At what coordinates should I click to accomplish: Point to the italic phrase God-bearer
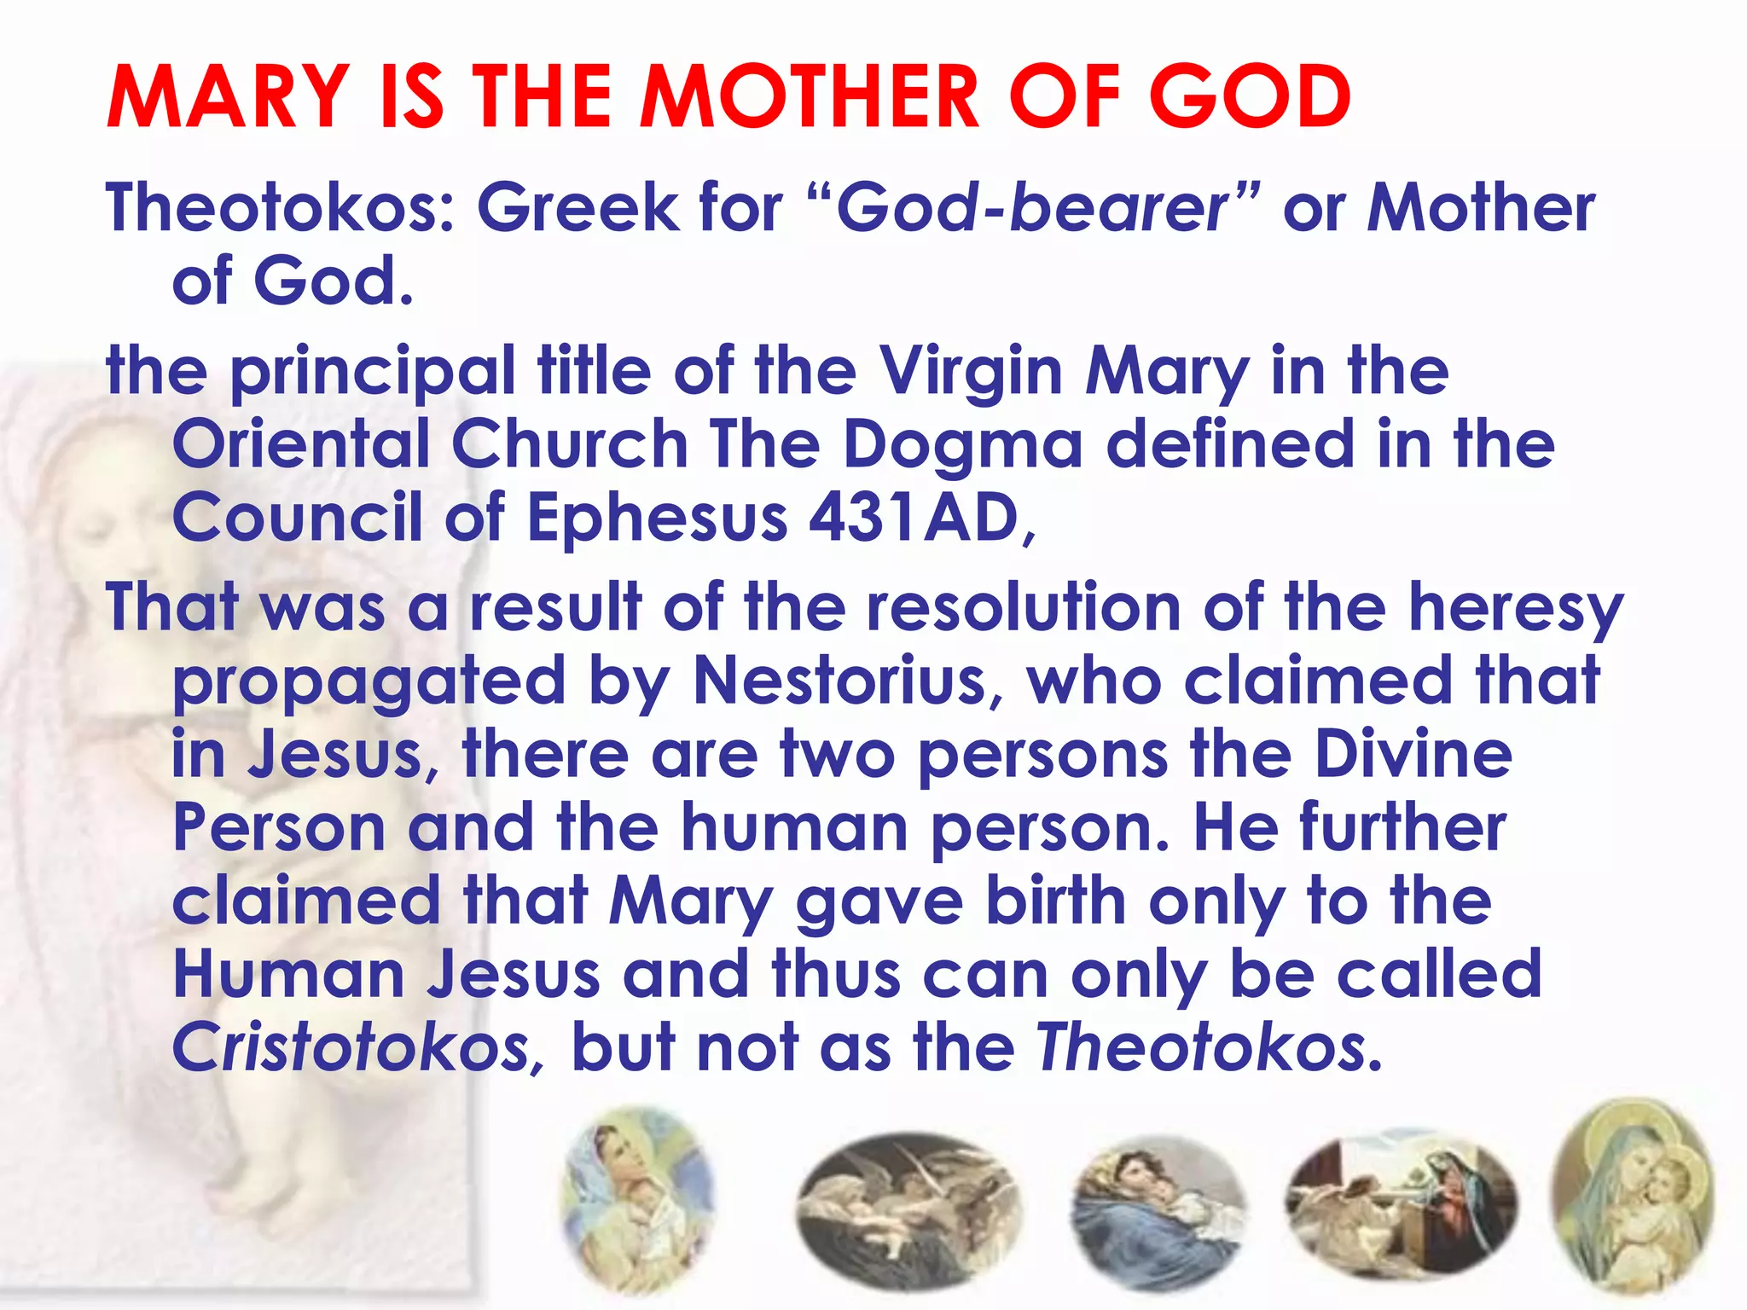[1033, 208]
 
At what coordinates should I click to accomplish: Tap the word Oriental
[301, 445]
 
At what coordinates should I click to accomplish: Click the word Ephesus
[657, 519]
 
